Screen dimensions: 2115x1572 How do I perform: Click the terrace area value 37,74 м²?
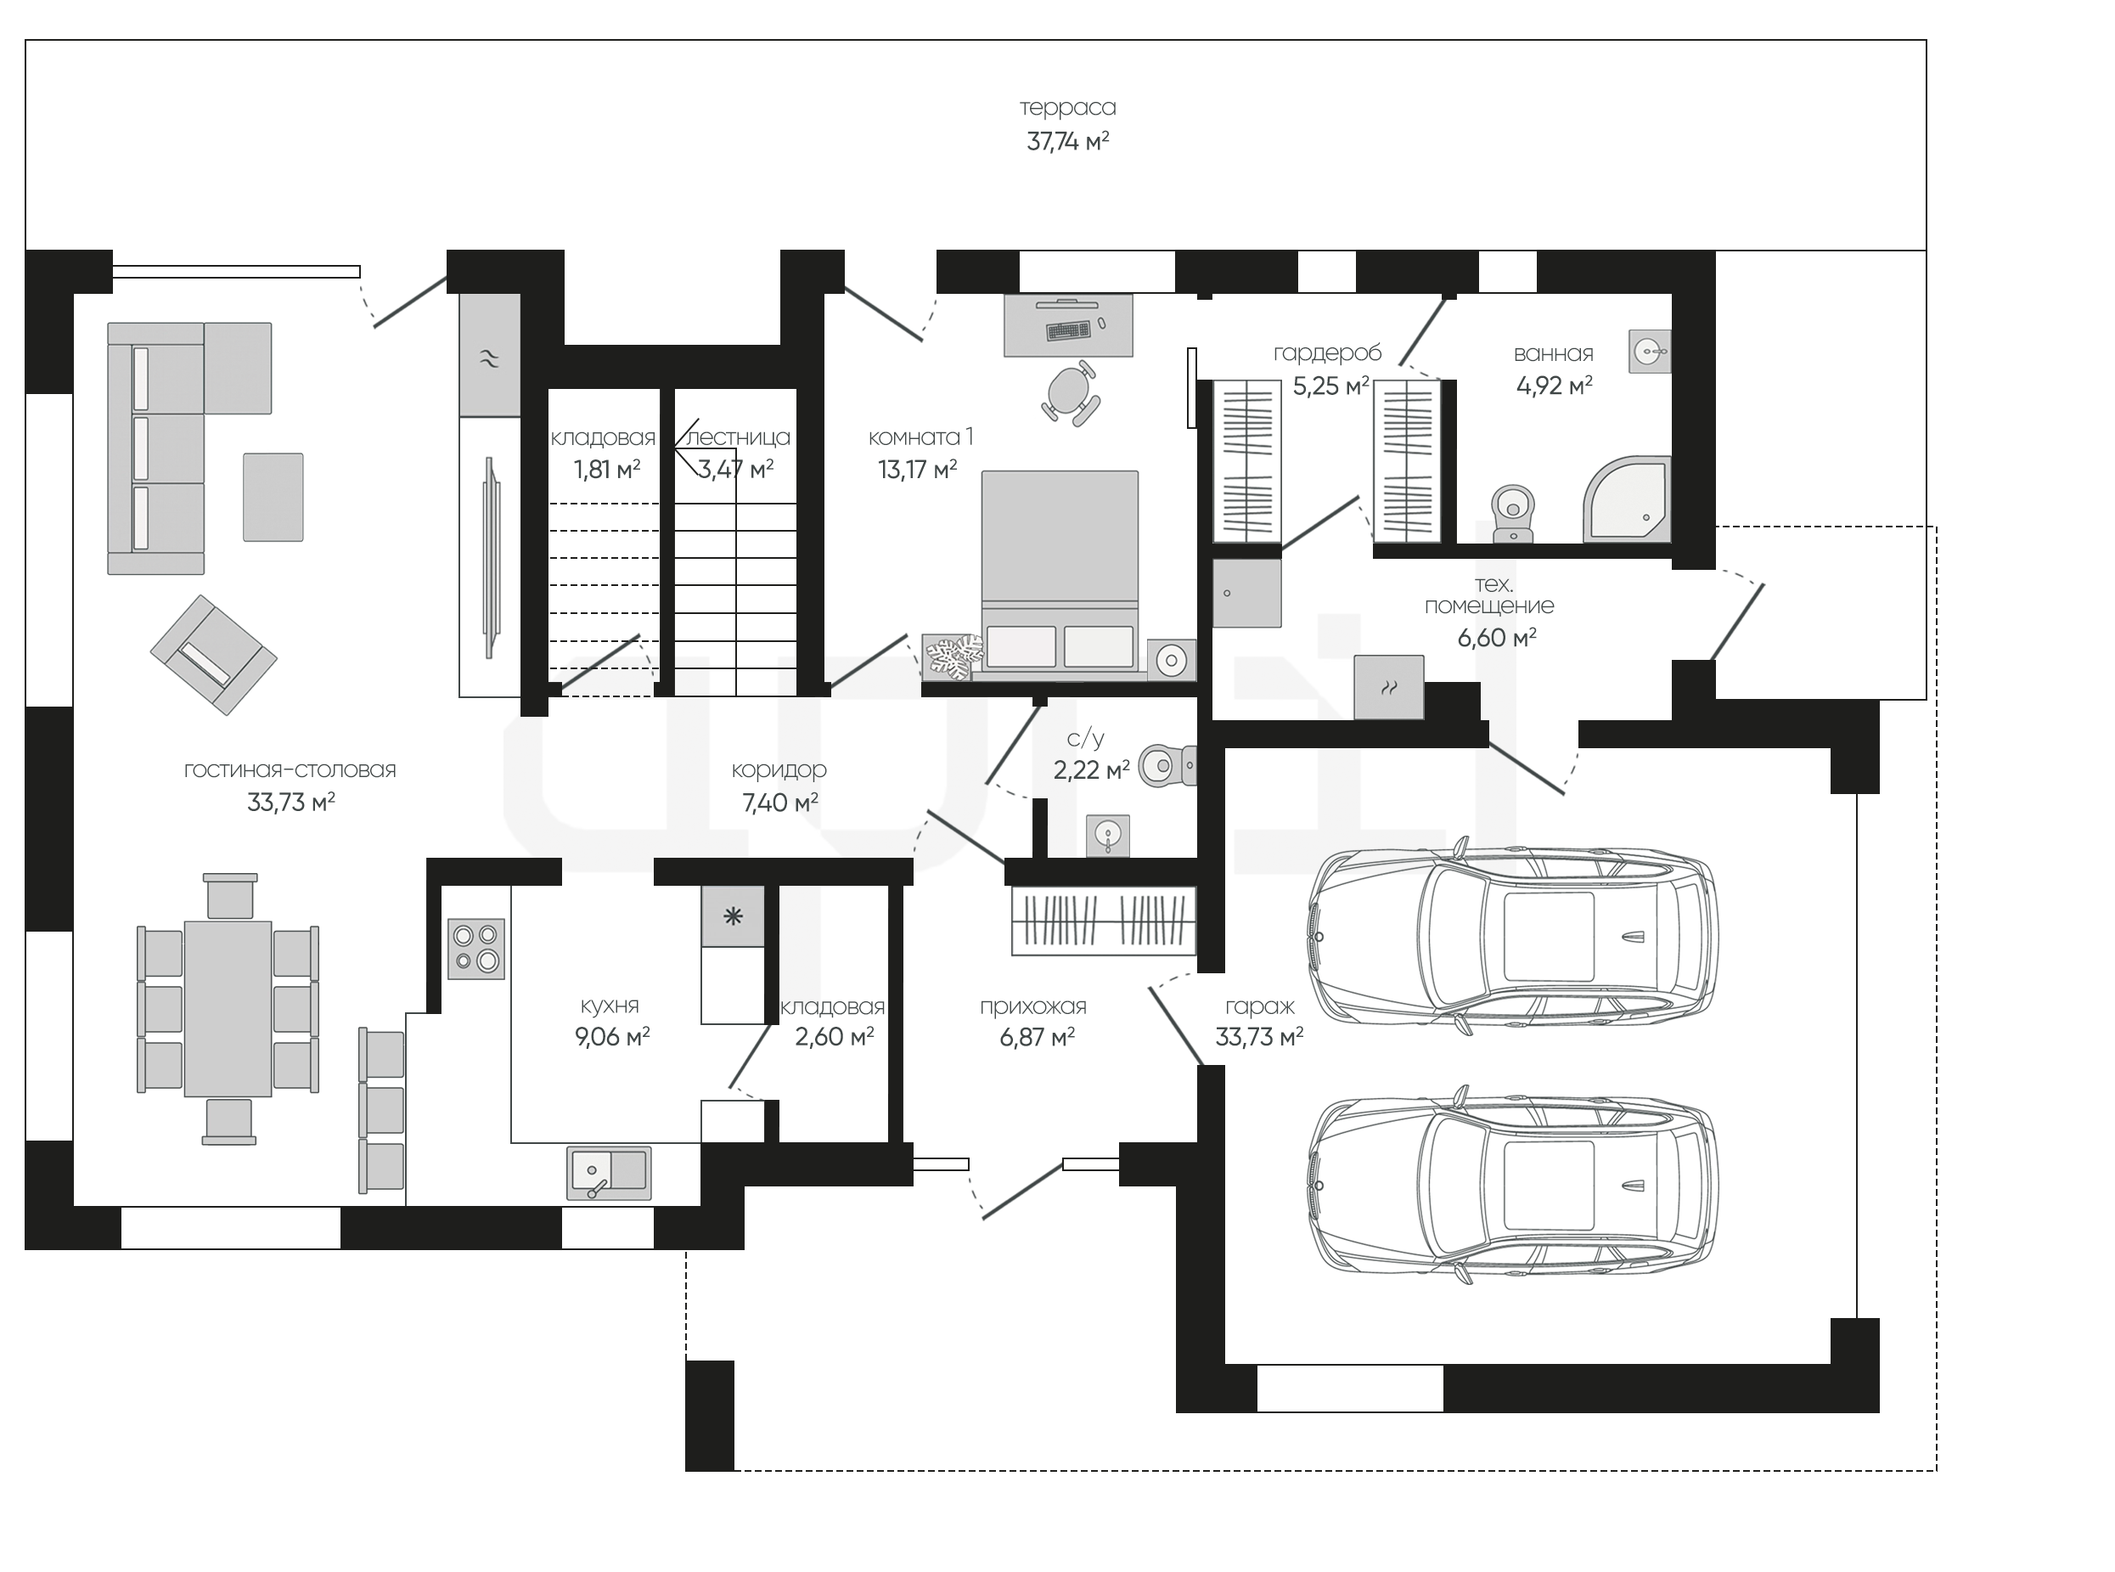(x=1067, y=142)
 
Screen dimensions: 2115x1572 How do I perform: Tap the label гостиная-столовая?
(x=290, y=769)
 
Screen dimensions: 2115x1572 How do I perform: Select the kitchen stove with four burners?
(x=475, y=949)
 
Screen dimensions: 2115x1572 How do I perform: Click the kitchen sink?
(x=609, y=1172)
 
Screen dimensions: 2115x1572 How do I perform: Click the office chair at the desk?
(x=1072, y=392)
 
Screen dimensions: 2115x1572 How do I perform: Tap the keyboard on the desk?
(x=1067, y=330)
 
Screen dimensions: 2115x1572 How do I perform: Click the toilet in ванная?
(x=1513, y=514)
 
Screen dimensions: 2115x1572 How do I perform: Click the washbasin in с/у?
(x=1107, y=836)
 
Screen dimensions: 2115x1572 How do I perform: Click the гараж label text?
(x=1260, y=1006)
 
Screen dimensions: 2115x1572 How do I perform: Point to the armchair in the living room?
(x=213, y=655)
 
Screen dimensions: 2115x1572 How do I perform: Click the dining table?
(x=228, y=1009)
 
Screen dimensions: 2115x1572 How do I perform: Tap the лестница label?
(x=737, y=437)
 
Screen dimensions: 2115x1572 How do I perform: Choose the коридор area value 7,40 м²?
(x=780, y=803)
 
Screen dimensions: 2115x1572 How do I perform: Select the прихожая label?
(x=1033, y=1006)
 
